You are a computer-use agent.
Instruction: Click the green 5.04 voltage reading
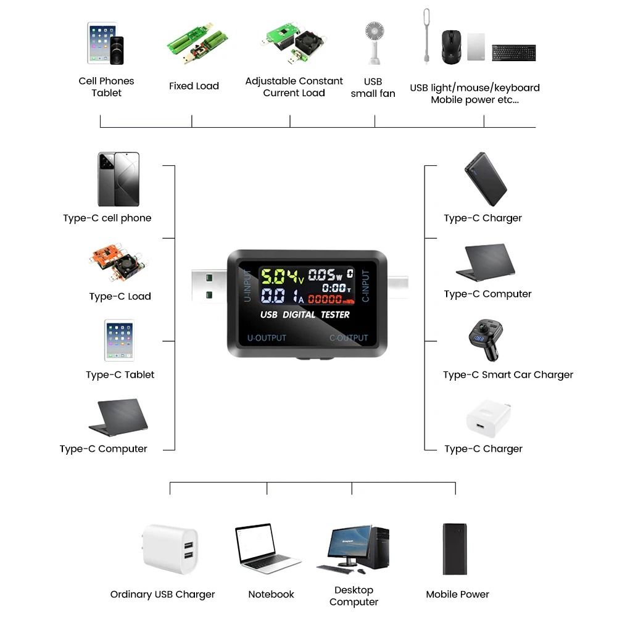277,276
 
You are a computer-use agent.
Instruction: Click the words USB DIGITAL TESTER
305,315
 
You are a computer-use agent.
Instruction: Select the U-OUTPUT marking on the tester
267,338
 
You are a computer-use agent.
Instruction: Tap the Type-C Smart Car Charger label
508,375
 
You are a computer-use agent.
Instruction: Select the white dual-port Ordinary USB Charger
171,549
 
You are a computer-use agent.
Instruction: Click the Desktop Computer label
354,596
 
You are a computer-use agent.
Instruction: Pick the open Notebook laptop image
266,549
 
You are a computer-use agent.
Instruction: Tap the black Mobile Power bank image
454,549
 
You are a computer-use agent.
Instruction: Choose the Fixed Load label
194,86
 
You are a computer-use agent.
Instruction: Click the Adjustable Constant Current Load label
294,87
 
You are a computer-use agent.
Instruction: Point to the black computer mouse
452,47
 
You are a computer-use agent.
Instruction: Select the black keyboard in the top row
513,52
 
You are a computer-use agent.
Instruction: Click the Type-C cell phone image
118,179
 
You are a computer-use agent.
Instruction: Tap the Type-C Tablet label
120,375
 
